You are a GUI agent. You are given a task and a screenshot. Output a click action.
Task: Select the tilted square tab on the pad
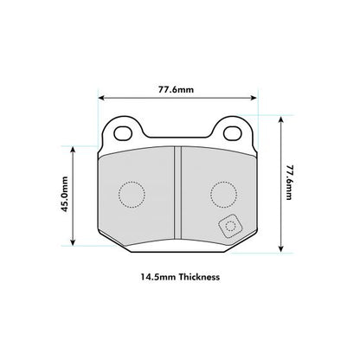pyautogui.click(x=230, y=227)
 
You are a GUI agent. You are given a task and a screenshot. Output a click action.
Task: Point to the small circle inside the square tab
pyautogui.click(x=230, y=227)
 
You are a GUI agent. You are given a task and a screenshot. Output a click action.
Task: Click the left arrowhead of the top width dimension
pyautogui.click(x=103, y=97)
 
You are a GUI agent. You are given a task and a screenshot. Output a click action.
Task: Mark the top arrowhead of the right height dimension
pyautogui.click(x=280, y=119)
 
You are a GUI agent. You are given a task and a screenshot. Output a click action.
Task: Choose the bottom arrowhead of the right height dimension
pyautogui.click(x=280, y=250)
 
